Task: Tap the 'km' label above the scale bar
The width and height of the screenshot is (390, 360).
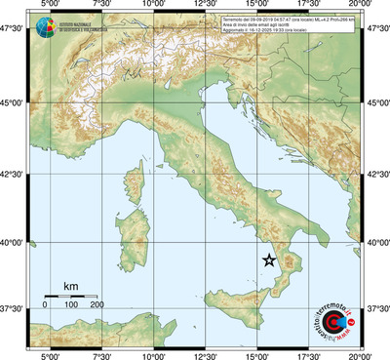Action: pos(70,286)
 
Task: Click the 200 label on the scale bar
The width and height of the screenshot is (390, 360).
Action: pos(97,305)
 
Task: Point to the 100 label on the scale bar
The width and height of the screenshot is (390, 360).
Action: pos(71,305)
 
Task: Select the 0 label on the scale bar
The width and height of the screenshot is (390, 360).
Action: pos(45,305)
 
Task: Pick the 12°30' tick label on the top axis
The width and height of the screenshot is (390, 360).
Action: pos(205,5)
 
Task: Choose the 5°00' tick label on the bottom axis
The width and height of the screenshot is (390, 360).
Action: pos(50,355)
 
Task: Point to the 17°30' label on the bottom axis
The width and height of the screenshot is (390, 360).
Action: pos(308,355)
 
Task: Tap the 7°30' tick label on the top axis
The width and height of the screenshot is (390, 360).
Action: pos(101,5)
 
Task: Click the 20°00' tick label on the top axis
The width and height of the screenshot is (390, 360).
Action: pos(360,5)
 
